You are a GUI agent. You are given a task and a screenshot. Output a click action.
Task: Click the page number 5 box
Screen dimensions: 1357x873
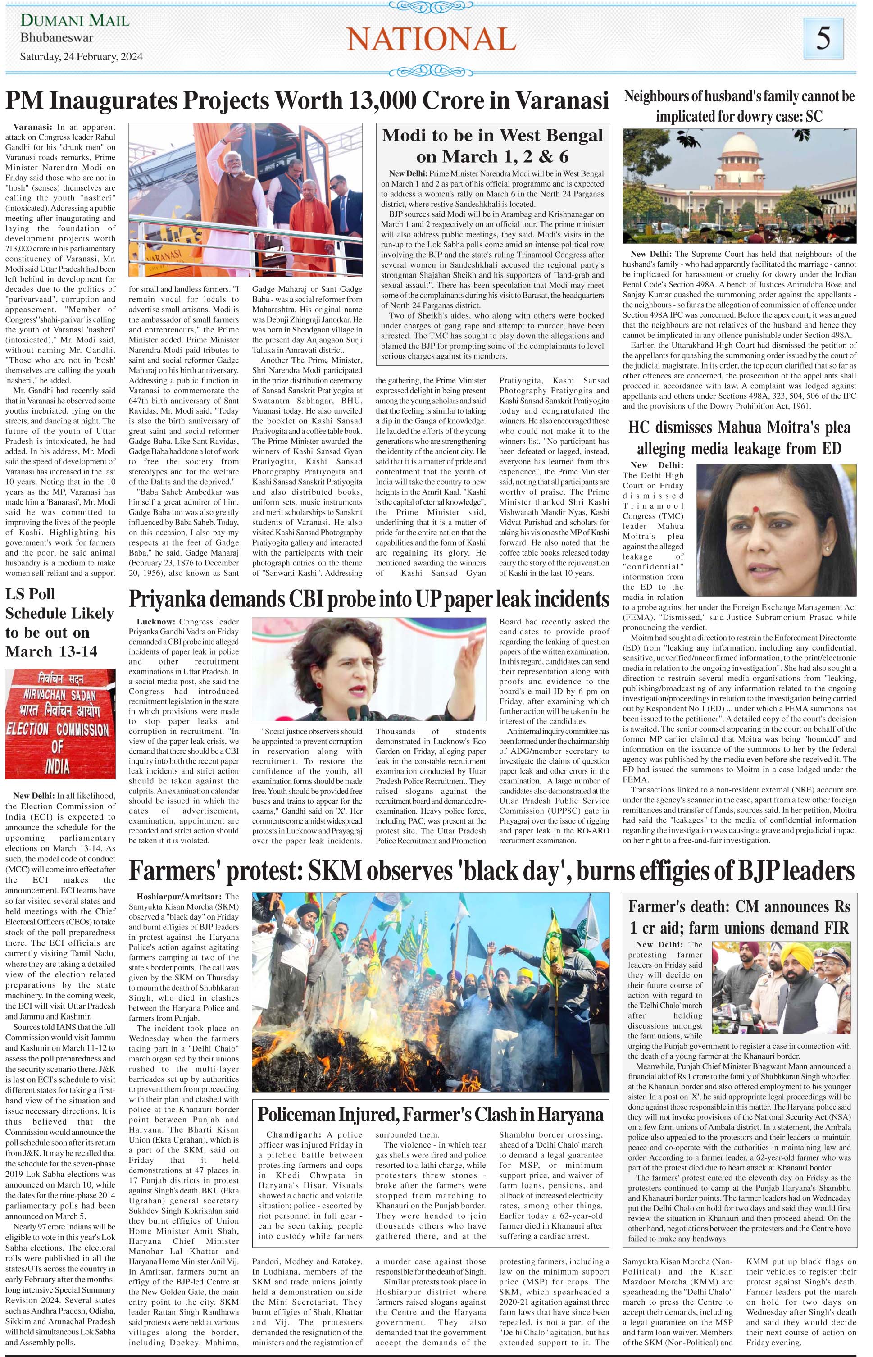tap(823, 37)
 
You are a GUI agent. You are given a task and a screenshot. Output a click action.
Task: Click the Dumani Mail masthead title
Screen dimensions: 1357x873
tap(75, 21)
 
